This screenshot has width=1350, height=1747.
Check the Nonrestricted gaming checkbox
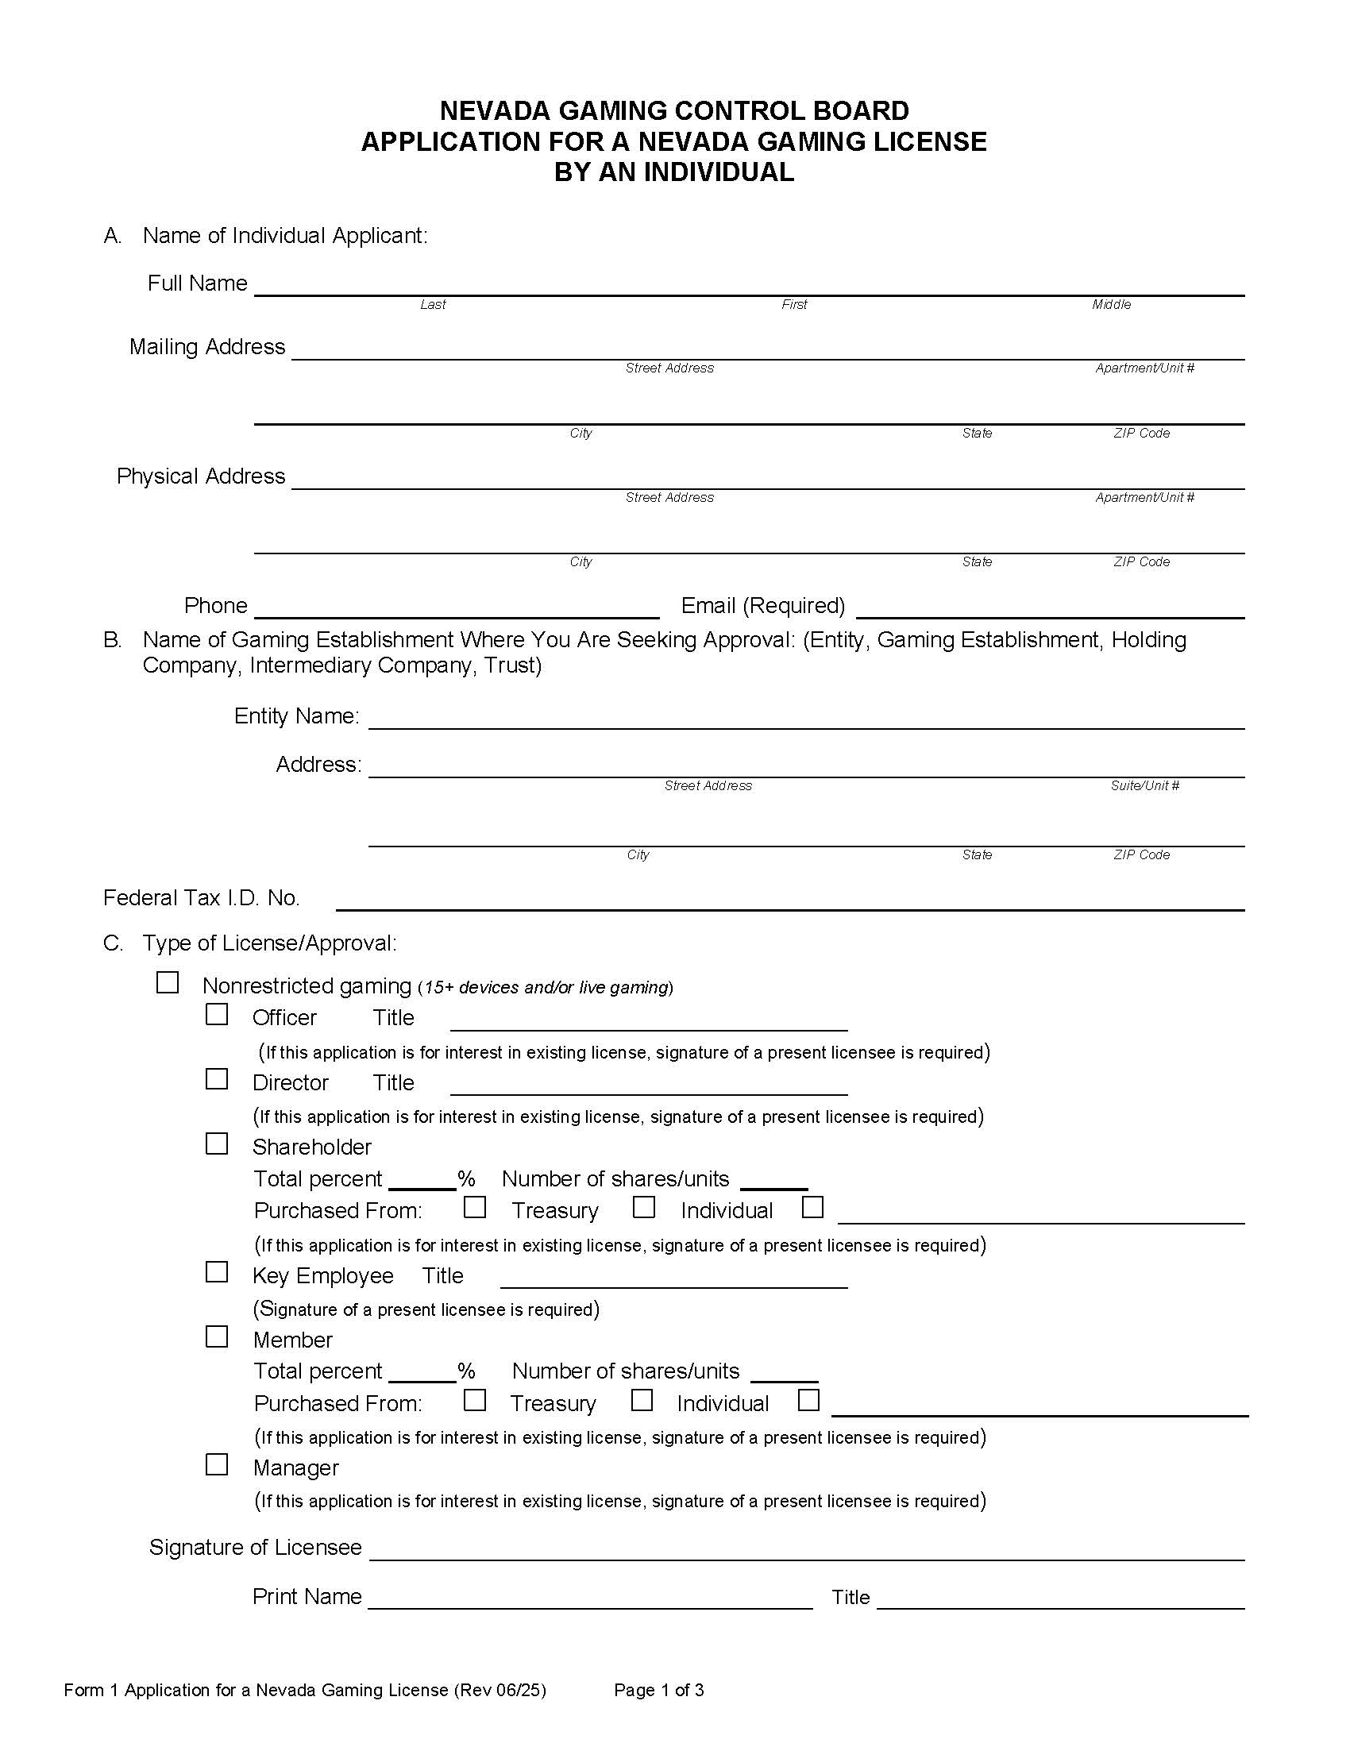click(167, 982)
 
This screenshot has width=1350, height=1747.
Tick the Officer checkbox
click(217, 1014)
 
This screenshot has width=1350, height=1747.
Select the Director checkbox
click(217, 1079)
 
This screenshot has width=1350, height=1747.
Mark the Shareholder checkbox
click(217, 1143)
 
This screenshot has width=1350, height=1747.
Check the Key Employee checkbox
click(217, 1272)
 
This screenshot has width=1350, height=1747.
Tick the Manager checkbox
click(217, 1464)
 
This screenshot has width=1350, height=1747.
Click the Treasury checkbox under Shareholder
click(475, 1207)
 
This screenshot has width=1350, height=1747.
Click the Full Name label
click(198, 283)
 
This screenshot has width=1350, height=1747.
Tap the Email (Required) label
click(762, 606)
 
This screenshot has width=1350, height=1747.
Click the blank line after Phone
click(456, 610)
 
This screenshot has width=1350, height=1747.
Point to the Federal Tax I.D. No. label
click(202, 898)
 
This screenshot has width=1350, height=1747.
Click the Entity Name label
click(297, 716)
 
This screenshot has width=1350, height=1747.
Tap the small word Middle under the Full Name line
click(1111, 305)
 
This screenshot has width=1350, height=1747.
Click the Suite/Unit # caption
click(1144, 785)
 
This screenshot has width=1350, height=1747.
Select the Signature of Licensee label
click(255, 1547)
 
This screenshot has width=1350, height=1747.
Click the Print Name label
click(307, 1597)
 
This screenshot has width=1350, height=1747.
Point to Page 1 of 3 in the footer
click(659, 1690)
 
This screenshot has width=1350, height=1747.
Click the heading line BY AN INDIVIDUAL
click(674, 172)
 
